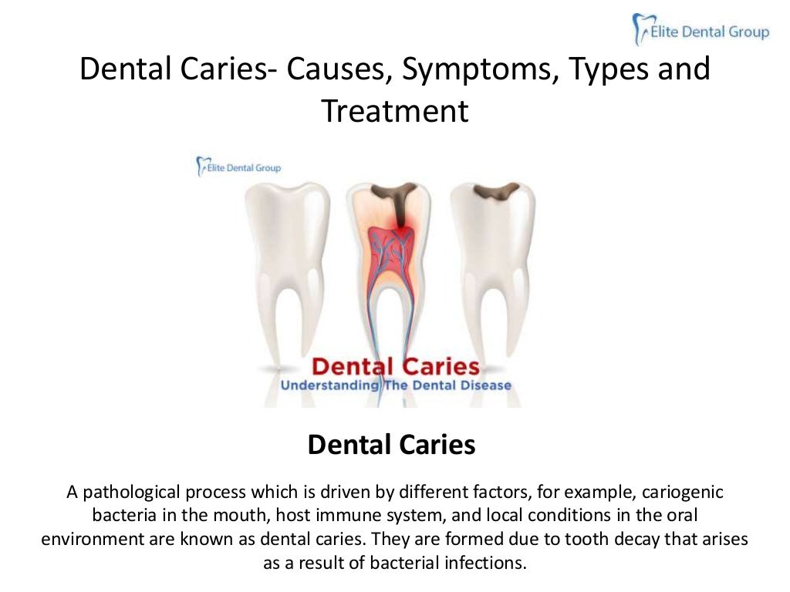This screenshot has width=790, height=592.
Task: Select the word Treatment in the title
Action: pyautogui.click(x=395, y=111)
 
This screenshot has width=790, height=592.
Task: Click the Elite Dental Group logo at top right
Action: pyautogui.click(x=701, y=31)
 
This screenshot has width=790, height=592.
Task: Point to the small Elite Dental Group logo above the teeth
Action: pyautogui.click(x=239, y=166)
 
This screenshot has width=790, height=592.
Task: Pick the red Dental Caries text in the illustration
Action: pyautogui.click(x=395, y=366)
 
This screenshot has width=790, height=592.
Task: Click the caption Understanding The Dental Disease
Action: pyautogui.click(x=395, y=385)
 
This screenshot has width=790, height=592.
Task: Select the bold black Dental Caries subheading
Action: pyautogui.click(x=391, y=445)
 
